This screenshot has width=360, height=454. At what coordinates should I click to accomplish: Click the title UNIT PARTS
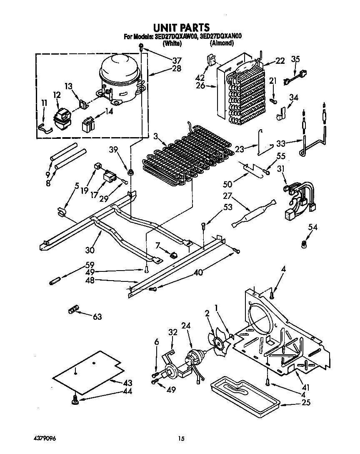tap(181, 28)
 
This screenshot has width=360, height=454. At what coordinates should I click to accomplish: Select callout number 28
tap(176, 68)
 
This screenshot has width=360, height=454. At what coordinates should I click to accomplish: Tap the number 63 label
tap(97, 317)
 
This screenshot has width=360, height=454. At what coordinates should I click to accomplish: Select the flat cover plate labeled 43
tap(87, 372)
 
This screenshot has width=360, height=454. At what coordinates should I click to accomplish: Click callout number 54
tap(312, 227)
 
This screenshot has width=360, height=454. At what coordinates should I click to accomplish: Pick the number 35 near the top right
tap(295, 59)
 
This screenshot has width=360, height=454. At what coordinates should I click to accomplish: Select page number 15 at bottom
tap(181, 439)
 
